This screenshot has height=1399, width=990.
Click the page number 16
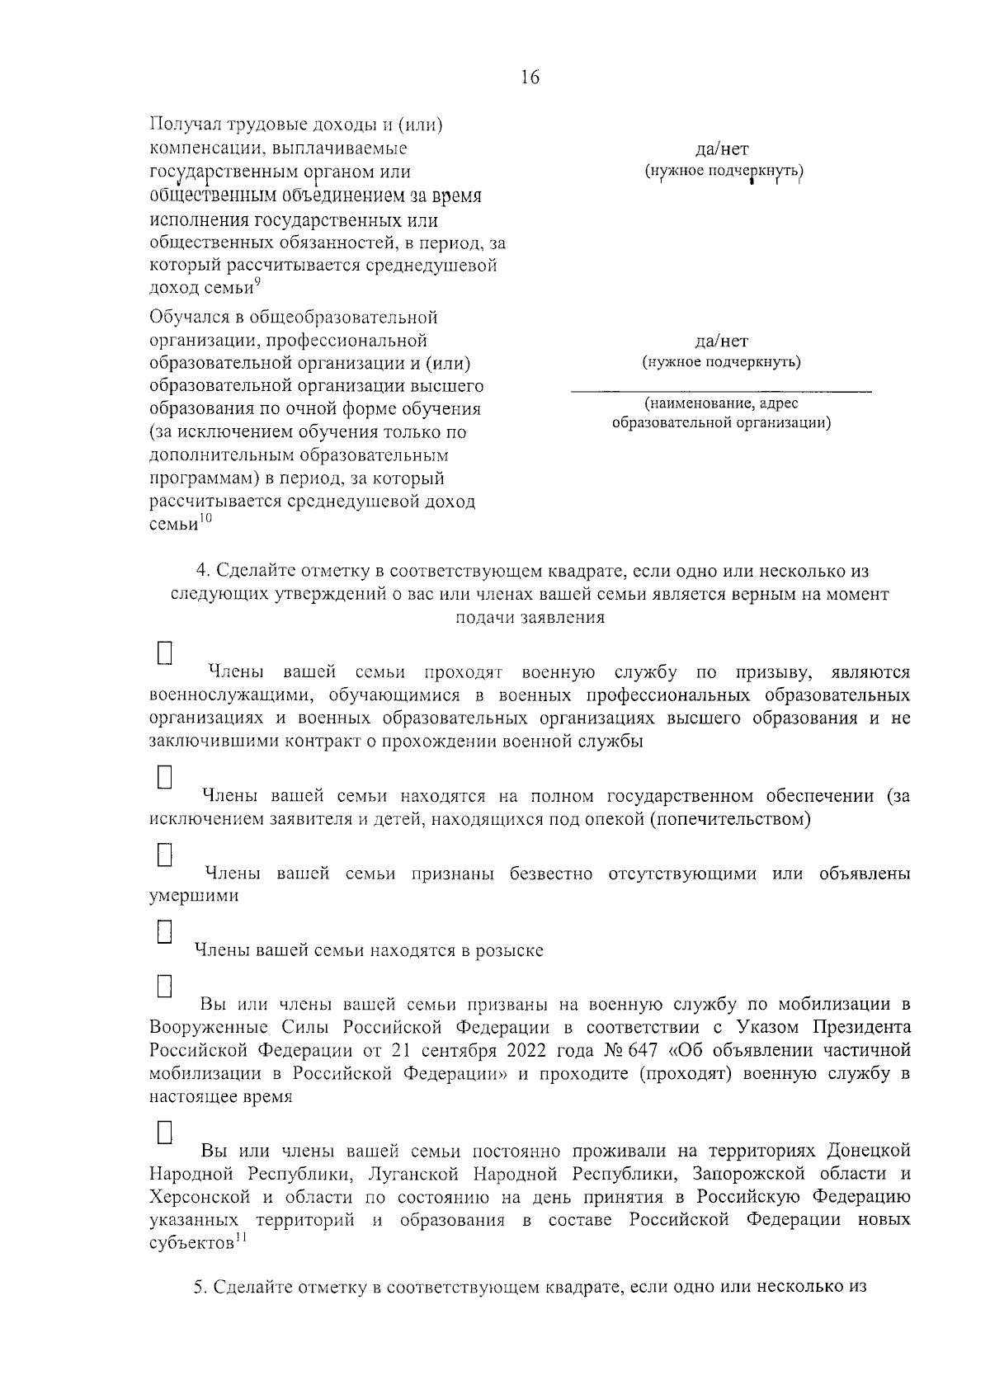tap(530, 78)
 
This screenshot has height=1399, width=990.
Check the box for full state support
tap(165, 778)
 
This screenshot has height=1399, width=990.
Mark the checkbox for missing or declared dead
tap(165, 854)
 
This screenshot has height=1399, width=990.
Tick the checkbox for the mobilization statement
tap(165, 986)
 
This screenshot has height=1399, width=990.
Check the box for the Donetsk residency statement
tap(165, 1131)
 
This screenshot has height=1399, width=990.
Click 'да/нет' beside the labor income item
tap(722, 149)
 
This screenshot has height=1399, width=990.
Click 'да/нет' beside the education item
tap(722, 341)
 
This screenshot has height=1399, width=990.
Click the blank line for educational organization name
tap(722, 389)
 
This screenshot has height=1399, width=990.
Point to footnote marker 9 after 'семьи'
tap(258, 283)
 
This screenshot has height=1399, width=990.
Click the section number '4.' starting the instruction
tap(201, 571)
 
